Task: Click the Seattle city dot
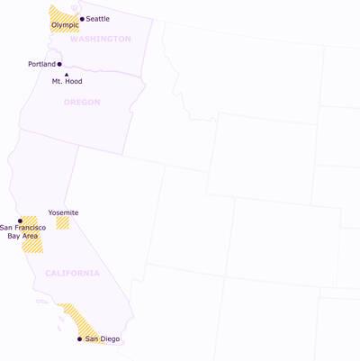coord(82,19)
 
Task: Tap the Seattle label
coord(97,19)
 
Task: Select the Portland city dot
coord(59,64)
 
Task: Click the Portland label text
coord(41,64)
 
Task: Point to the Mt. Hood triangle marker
coord(66,74)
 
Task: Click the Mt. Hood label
coord(67,81)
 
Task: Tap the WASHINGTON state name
coord(100,39)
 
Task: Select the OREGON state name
coord(82,102)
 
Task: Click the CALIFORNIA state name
coord(72,273)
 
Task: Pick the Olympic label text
coord(65,25)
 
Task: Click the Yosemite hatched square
coord(62,222)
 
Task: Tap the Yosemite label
coord(63,212)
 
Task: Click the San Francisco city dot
coord(20,221)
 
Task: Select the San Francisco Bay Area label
coord(23,231)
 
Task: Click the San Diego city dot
coord(79,339)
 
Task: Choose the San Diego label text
coord(102,339)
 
